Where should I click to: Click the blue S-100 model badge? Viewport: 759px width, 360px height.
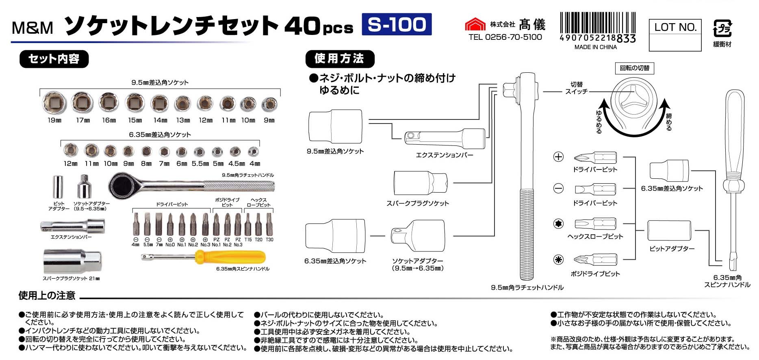click(396, 24)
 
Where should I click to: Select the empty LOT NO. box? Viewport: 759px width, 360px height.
click(675, 42)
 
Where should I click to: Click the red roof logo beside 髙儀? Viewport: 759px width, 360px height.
click(475, 24)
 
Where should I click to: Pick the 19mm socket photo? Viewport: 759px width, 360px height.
click(54, 102)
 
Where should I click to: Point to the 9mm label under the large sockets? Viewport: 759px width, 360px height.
click(269, 120)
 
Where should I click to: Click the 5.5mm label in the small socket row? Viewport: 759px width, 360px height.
click(200, 164)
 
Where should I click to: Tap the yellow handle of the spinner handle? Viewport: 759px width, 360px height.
click(230, 257)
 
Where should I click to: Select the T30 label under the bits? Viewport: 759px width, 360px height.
click(269, 240)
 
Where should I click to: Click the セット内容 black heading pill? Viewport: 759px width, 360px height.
click(54, 59)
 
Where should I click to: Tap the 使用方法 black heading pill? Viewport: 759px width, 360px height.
click(339, 59)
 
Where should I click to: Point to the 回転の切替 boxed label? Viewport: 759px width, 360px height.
click(634, 68)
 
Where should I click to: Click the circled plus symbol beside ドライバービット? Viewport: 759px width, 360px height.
click(559, 157)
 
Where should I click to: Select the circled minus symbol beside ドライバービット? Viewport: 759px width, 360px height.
click(559, 189)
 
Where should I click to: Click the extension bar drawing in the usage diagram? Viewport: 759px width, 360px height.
click(445, 137)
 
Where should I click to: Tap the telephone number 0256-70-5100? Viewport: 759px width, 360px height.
click(513, 37)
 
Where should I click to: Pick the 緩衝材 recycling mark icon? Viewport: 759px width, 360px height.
click(722, 29)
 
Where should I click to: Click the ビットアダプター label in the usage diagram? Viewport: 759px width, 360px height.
click(672, 249)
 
